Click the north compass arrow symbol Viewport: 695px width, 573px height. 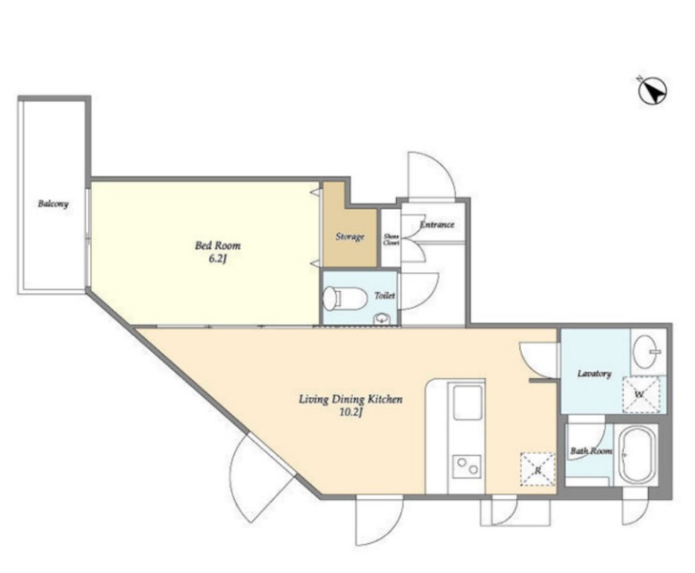652,91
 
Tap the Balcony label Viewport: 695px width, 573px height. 53,204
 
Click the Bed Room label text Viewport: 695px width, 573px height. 218,245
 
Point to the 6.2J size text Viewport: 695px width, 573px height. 218,259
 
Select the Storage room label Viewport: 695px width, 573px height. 350,237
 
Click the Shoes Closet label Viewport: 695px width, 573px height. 391,239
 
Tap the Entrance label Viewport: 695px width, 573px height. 437,224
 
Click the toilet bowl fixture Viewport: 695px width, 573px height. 345,298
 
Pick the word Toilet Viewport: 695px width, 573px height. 384,296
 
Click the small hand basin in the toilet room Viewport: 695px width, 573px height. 381,318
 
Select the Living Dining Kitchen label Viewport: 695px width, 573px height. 350,399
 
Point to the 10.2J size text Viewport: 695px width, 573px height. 351,413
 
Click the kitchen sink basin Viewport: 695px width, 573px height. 467,403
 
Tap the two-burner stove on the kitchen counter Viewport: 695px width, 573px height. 467,467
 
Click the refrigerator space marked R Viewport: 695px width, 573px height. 538,470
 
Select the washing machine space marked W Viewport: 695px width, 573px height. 641,394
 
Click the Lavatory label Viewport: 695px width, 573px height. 594,373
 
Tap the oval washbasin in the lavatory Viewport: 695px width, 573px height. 646,351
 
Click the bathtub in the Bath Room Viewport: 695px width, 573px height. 636,455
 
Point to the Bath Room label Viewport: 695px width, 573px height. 592,451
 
